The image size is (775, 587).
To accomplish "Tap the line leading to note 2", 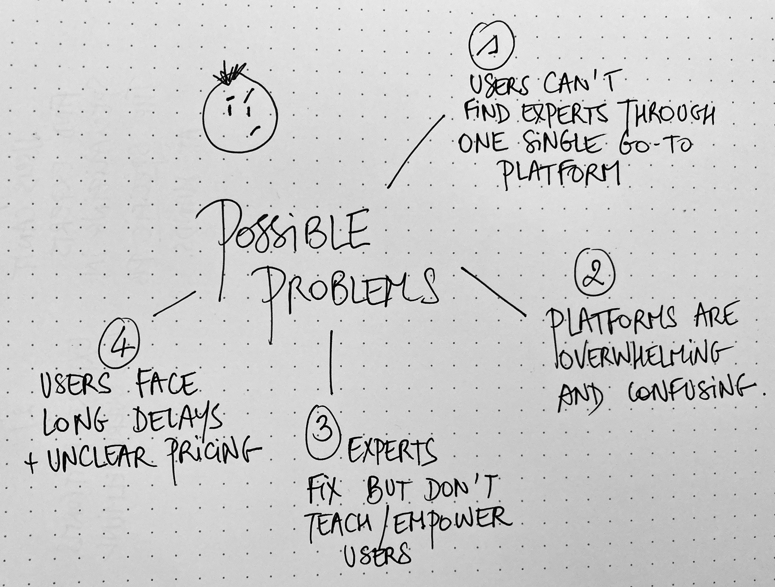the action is [x=493, y=291].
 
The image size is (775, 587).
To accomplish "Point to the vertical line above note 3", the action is [x=331, y=362].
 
